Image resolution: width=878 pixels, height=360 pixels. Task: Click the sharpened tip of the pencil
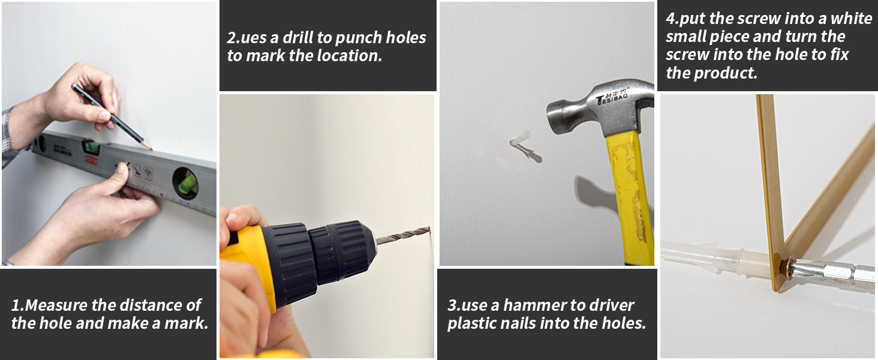(151, 149)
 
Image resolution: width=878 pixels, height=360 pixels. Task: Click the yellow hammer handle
(630, 196)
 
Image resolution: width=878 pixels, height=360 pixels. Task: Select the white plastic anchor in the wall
(521, 139)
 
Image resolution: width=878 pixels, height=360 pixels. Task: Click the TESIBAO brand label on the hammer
(612, 97)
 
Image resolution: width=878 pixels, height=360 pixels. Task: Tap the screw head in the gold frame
(786, 266)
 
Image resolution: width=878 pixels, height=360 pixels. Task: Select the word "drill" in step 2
(298, 38)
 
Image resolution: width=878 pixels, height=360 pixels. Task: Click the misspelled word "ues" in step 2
(253, 38)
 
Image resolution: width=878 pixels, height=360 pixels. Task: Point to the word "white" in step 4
(852, 19)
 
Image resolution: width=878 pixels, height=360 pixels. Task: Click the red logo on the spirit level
(91, 159)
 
